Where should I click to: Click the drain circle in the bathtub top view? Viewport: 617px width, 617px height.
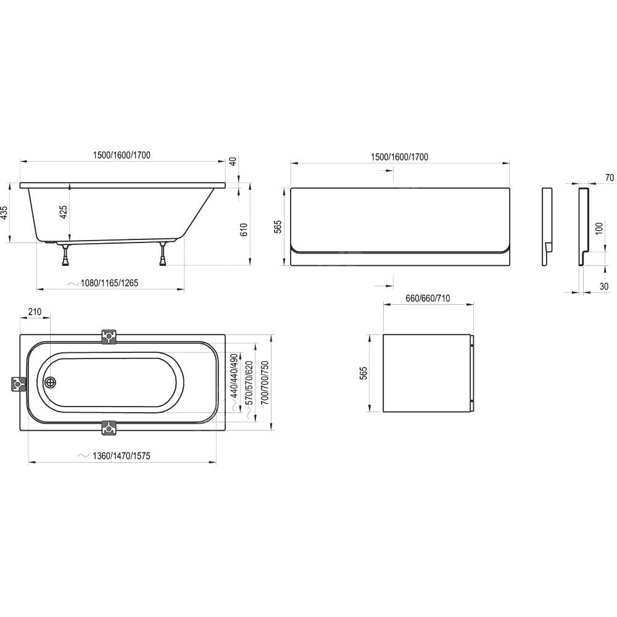(51, 382)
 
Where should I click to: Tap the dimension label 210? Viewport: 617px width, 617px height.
(35, 312)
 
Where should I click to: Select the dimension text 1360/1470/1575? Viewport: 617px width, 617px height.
(121, 456)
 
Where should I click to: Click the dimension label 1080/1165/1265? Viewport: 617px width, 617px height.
(109, 283)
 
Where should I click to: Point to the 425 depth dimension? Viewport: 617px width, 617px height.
(64, 212)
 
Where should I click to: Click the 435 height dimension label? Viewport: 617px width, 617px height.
(4, 212)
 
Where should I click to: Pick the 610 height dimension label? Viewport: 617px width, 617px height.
(244, 230)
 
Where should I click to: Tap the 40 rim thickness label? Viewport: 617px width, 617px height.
(233, 161)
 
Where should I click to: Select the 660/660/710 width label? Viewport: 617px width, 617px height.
(428, 298)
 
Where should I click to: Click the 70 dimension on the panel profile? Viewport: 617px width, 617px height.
(609, 178)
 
